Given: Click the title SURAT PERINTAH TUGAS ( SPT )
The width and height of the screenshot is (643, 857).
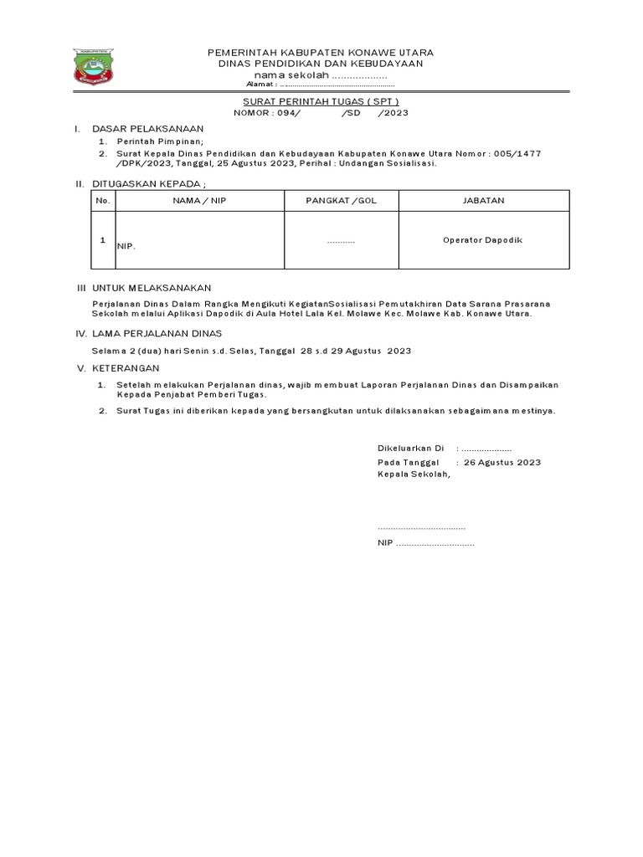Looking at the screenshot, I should (315, 100).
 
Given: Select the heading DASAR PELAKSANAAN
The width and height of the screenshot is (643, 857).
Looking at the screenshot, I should (147, 129).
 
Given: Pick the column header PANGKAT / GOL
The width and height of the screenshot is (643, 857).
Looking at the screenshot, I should (341, 201).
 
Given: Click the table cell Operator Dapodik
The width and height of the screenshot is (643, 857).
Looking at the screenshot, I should (482, 240).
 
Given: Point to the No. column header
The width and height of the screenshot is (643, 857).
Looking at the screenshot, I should (103, 201).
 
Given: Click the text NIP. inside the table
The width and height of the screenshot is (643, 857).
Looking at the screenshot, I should (126, 247).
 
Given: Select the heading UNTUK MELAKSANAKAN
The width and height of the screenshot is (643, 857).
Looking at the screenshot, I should (152, 287).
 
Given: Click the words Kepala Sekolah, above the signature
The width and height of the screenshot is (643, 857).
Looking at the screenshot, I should (414, 475).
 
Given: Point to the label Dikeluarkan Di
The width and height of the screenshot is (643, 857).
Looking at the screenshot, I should (410, 449).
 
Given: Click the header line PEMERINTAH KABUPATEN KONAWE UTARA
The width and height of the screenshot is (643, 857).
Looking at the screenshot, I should (315, 53).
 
